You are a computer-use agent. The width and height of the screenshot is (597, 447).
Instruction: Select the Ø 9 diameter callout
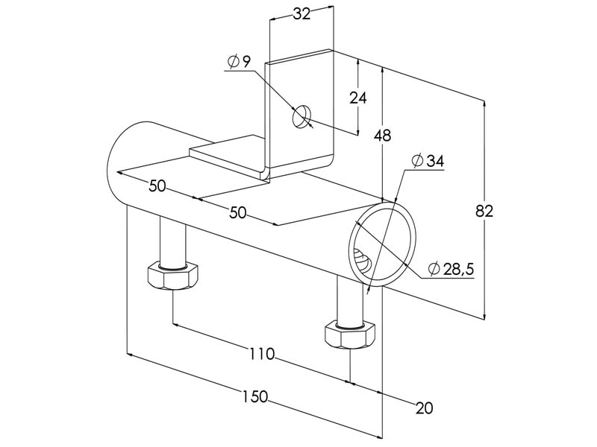240,61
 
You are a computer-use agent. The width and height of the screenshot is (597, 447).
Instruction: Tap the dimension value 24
359,98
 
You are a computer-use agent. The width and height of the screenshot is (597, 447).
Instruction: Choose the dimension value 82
484,211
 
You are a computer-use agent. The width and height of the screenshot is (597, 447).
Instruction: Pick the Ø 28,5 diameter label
451,269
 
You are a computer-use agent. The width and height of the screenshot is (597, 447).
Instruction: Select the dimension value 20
424,408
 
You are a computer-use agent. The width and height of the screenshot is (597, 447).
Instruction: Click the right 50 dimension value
237,212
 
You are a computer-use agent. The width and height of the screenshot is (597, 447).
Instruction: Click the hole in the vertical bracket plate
302,117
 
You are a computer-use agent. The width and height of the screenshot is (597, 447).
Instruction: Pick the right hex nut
348,335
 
